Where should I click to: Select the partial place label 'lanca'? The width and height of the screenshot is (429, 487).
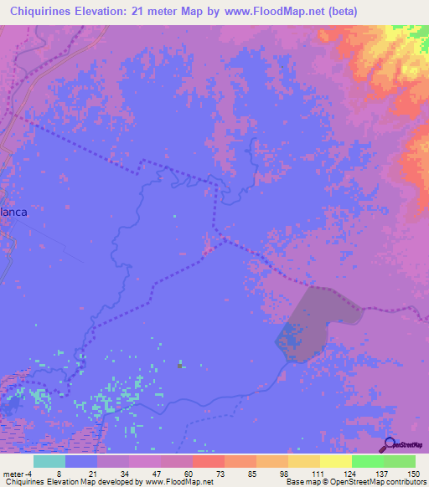click(x=13, y=212)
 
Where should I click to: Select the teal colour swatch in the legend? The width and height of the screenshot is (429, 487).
click(x=49, y=461)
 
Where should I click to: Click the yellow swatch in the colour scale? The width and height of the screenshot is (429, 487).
click(x=335, y=461)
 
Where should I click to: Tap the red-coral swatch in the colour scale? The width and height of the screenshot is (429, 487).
click(x=208, y=461)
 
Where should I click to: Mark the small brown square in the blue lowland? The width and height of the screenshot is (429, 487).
click(x=179, y=365)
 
